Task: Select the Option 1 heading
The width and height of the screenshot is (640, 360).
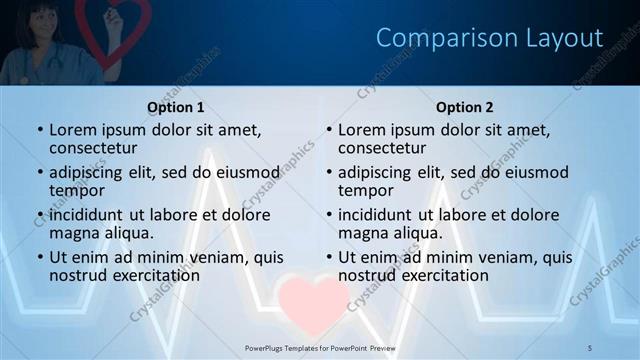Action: coord(176,107)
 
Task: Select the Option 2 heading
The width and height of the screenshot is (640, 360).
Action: coord(465,107)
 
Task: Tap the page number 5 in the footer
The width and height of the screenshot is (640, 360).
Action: coord(591,347)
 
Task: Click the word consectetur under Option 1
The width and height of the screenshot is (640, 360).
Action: coord(92,149)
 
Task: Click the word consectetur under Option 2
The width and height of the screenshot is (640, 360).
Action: coord(381,149)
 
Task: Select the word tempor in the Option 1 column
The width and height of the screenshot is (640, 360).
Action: coord(77,191)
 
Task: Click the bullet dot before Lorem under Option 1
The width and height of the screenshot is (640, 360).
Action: coord(39,130)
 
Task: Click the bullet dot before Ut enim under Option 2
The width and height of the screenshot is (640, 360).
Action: coord(328,257)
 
